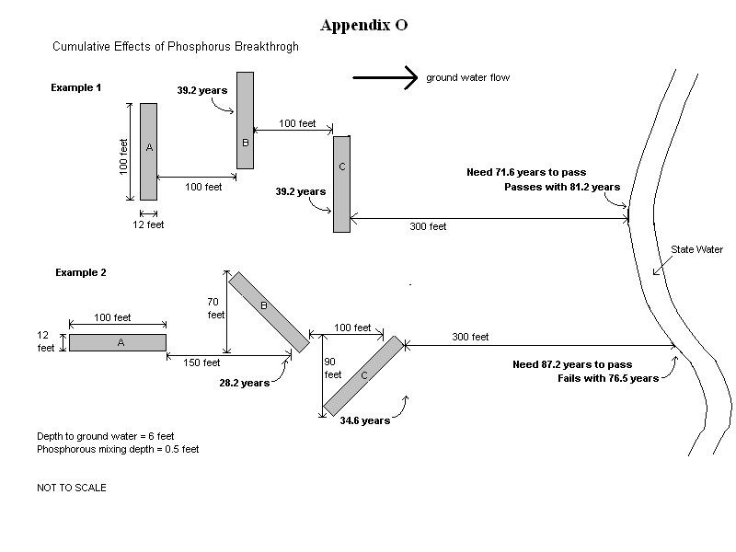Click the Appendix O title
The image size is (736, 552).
click(x=363, y=26)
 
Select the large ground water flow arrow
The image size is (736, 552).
click(x=385, y=78)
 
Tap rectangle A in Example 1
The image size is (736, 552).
click(x=148, y=151)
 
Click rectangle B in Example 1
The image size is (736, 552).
click(x=245, y=121)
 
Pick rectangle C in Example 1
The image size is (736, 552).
click(x=341, y=184)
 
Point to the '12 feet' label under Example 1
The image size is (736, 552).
click(x=148, y=224)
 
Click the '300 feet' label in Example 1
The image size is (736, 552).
click(x=428, y=226)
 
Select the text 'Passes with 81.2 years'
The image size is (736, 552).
click(x=562, y=187)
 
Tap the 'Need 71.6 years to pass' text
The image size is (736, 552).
click(x=526, y=172)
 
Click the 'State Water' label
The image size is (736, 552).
click(x=696, y=249)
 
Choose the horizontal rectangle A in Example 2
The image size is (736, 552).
click(x=118, y=342)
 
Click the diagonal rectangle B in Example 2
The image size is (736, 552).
click(x=269, y=312)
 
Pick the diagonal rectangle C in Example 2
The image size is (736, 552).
click(x=363, y=375)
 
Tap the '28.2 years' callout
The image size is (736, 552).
click(x=244, y=383)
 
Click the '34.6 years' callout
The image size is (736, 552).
click(x=364, y=420)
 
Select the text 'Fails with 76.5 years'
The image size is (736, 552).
click(x=608, y=378)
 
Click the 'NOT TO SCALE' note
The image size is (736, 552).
click(x=71, y=488)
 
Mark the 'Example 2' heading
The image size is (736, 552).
click(x=81, y=272)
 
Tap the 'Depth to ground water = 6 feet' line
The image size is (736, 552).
click(x=105, y=436)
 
